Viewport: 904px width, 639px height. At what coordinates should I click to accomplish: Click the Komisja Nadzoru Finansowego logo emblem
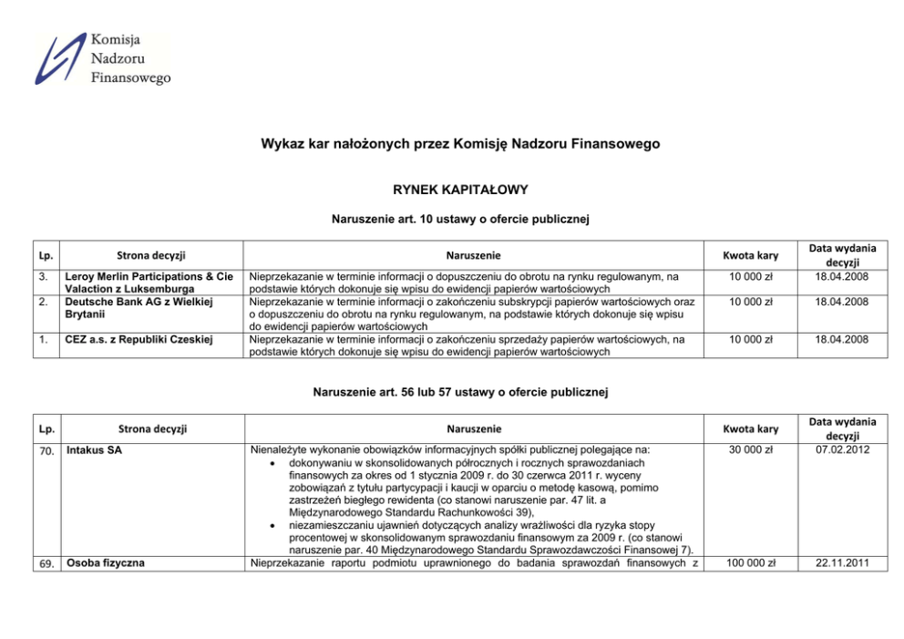coord(61,58)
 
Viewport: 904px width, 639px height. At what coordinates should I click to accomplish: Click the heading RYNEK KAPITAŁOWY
coord(452,190)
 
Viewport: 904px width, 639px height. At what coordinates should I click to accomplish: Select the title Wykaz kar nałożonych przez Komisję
coord(452,144)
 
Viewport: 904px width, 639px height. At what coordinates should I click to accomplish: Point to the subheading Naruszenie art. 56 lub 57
coord(452,392)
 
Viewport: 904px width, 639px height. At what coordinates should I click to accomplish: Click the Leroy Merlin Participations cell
coord(146,282)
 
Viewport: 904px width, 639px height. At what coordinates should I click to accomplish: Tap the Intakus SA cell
coord(90,450)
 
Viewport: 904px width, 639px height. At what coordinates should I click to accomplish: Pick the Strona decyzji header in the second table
coord(151,428)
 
